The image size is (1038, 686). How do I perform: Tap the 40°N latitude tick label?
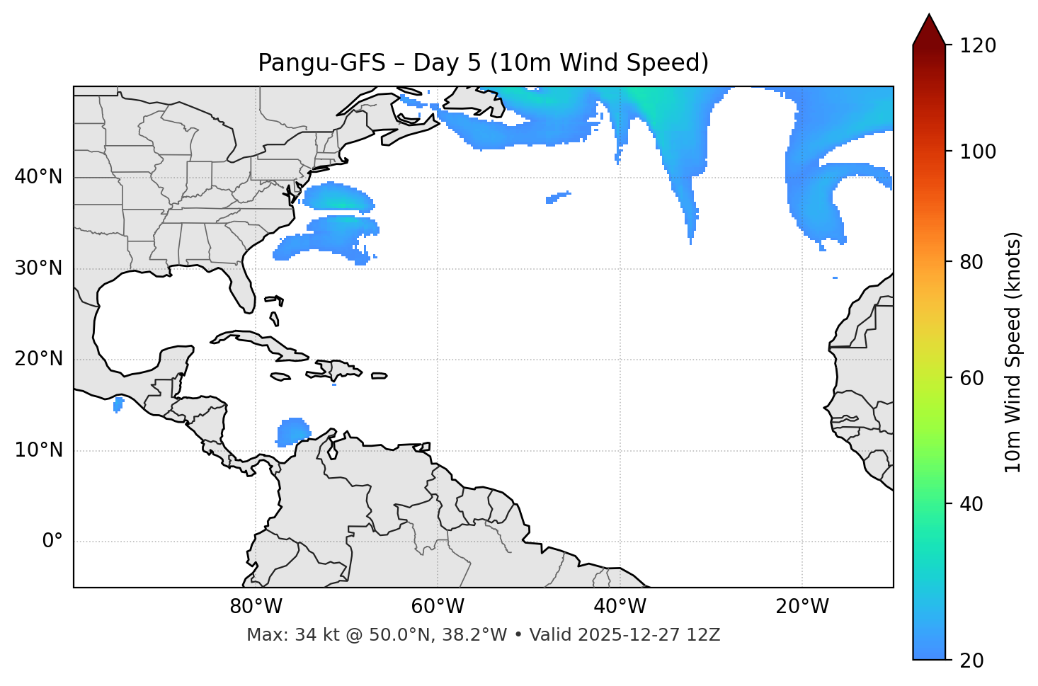[38, 177]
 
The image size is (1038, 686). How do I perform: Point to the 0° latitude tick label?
[52, 542]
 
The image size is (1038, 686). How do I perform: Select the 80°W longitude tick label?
[256, 607]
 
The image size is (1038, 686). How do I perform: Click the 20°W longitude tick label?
[802, 607]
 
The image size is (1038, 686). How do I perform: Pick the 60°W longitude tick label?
[438, 607]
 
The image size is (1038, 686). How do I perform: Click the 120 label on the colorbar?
[979, 45]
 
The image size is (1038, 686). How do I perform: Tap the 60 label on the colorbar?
[974, 378]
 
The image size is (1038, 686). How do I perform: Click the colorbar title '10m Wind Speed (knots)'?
[1013, 353]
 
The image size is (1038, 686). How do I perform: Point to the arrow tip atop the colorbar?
[928, 16]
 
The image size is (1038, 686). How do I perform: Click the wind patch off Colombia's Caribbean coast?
[292, 431]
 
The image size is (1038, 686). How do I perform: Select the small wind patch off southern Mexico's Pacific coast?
[118, 404]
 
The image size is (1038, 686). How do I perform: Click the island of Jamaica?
[280, 377]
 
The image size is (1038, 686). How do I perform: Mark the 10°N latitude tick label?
[38, 450]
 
